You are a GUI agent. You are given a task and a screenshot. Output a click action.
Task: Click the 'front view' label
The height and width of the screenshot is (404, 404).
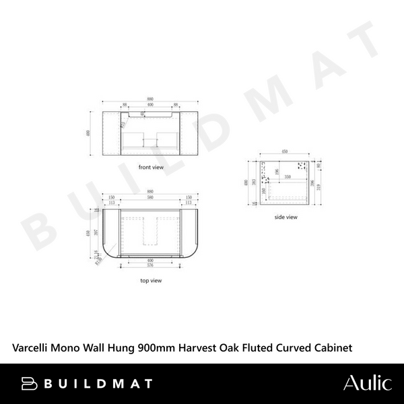151,166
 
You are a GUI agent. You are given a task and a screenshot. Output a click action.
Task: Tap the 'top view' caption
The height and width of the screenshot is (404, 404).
151,279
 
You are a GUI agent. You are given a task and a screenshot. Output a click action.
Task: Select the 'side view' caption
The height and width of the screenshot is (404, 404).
285,217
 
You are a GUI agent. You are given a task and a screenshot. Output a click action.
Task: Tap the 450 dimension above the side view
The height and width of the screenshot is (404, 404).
285,151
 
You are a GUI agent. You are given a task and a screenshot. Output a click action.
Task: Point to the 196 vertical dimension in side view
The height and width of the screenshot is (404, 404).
277,170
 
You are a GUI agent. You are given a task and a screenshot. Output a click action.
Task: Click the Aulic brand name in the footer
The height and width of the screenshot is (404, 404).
367,384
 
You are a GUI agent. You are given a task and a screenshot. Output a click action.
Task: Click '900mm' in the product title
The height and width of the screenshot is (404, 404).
156,347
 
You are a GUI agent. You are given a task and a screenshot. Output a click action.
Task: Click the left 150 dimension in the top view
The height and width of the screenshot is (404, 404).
110,197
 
